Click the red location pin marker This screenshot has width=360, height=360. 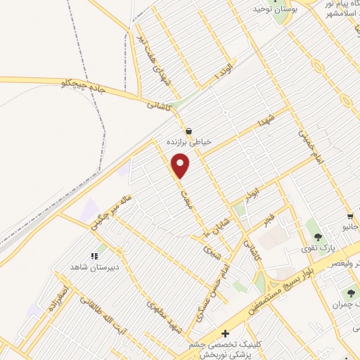pyautogui.click(x=181, y=165)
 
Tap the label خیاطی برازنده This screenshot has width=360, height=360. pyautogui.click(x=188, y=141)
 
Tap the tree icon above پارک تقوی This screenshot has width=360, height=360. pyautogui.click(x=319, y=238)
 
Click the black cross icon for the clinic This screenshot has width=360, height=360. pyautogui.click(x=224, y=333)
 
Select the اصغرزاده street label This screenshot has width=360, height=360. pyautogui.click(x=56, y=300)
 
